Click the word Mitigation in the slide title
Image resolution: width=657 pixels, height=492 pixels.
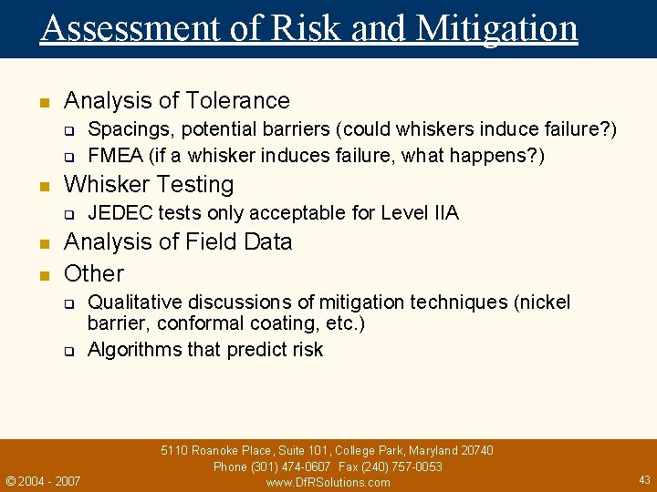point(496,28)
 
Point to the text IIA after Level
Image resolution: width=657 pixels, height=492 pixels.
point(444,213)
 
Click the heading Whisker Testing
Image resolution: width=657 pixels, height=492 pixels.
point(149,184)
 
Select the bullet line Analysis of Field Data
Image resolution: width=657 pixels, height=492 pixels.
point(178,242)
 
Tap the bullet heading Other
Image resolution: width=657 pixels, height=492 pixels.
point(94,273)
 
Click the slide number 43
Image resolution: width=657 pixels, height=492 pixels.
point(644,479)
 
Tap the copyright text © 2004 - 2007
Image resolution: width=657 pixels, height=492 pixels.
point(43,480)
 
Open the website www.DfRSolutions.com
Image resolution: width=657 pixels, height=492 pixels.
point(328,482)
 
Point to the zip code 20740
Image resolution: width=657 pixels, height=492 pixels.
point(475,450)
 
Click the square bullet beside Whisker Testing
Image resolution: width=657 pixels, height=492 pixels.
point(42,186)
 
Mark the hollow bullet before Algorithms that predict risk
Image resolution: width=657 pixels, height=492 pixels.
point(68,352)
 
